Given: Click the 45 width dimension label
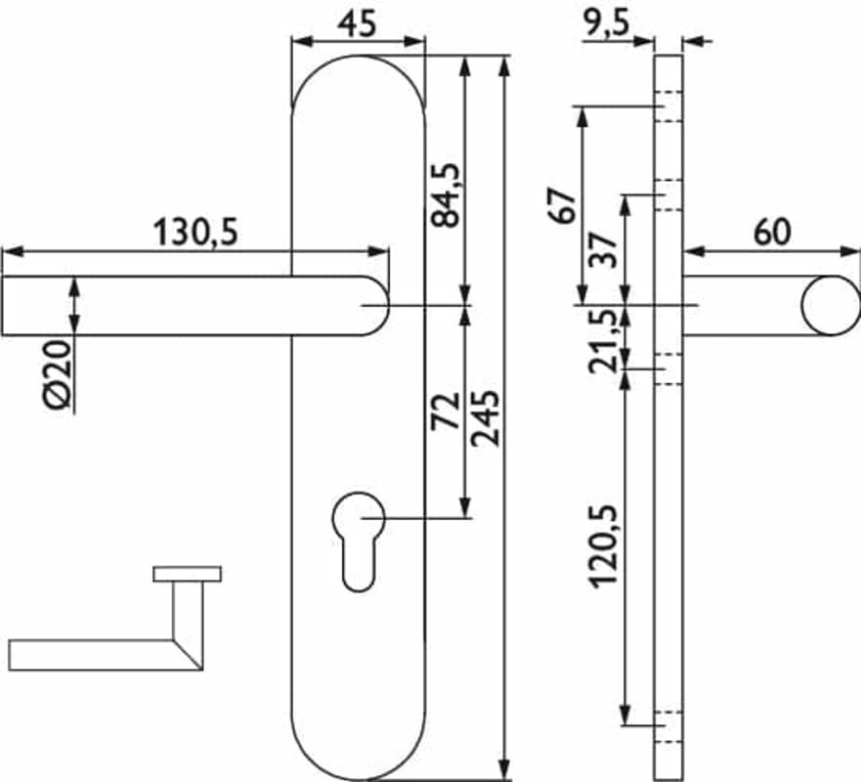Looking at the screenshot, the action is pyautogui.click(x=358, y=24).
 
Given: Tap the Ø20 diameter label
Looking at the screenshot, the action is pyautogui.click(x=58, y=374).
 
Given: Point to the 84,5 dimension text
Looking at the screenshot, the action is pyautogui.click(x=445, y=195).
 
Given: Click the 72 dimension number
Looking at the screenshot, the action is pyautogui.click(x=445, y=411).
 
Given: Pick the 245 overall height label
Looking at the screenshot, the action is pyautogui.click(x=486, y=417).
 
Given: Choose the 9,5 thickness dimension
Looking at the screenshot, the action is pyautogui.click(x=606, y=24).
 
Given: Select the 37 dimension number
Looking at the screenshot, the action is pyautogui.click(x=603, y=249).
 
